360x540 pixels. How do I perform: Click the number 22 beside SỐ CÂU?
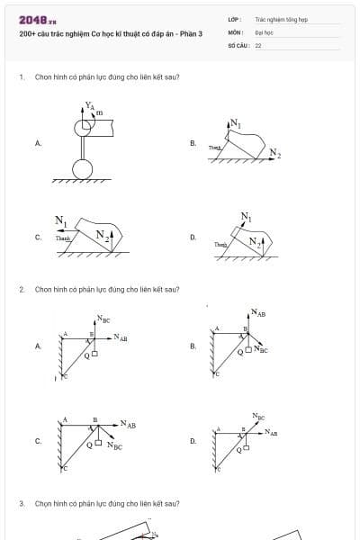tap(258, 44)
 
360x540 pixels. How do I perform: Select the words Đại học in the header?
tap(264, 31)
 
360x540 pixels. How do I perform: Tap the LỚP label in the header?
tap(234, 19)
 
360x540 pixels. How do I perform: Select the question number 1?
tap(21, 77)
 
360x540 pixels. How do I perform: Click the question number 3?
tap(21, 504)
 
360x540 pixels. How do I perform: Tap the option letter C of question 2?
tap(38, 441)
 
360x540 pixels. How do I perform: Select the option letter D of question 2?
tap(193, 441)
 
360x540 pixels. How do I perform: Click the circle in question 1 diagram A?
tap(82, 168)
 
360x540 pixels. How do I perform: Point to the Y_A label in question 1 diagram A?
tap(89, 105)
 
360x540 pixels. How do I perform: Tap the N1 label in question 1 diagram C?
tap(61, 220)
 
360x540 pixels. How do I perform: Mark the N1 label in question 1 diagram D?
tap(247, 216)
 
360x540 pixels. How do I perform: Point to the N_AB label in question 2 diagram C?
tap(129, 424)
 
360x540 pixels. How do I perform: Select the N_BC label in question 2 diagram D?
tap(259, 417)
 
